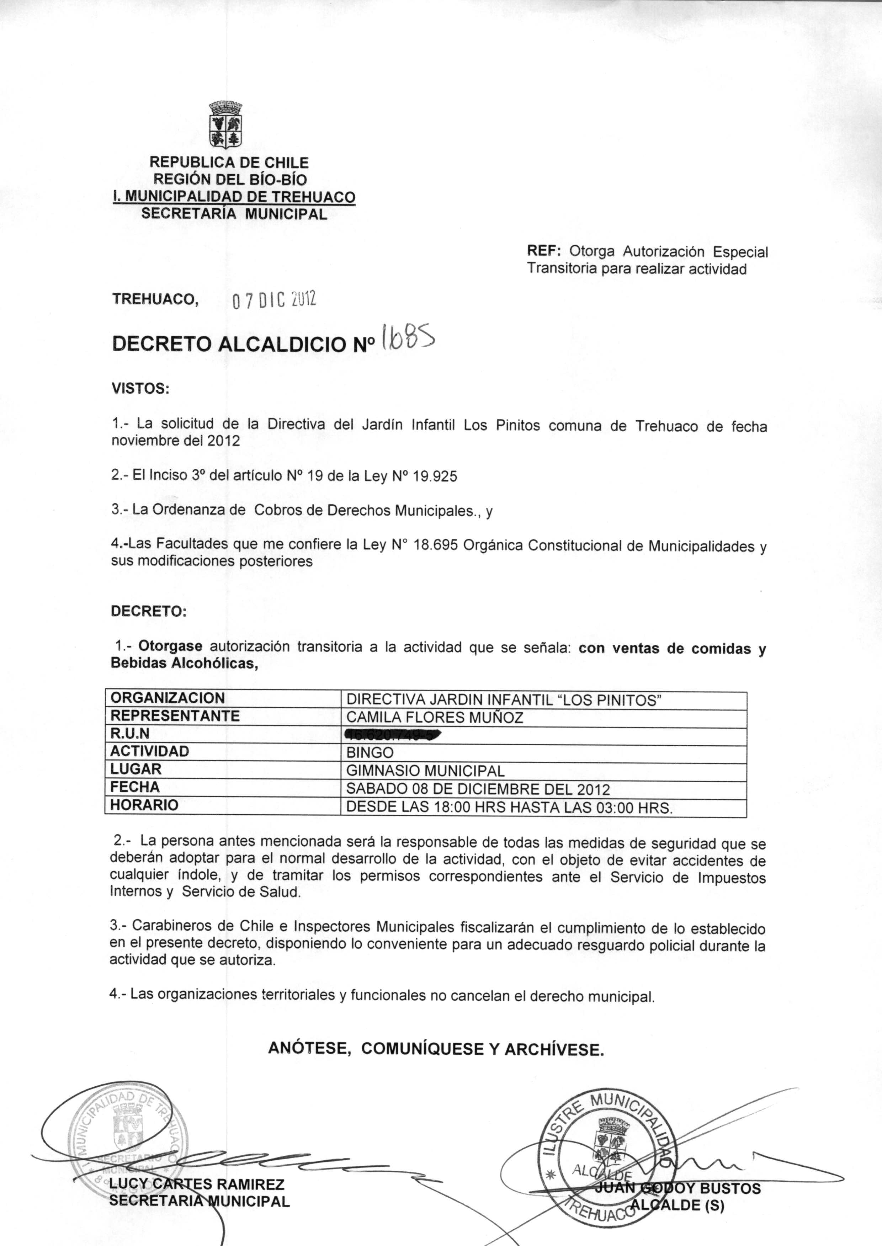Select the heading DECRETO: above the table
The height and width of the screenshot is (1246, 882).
pyautogui.click(x=148, y=611)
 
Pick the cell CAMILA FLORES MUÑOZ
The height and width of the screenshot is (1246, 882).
pyautogui.click(x=435, y=718)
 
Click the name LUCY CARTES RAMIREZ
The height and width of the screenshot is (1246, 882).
pyautogui.click(x=197, y=1183)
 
